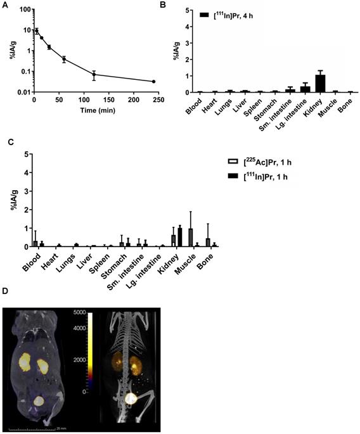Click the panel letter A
(x=4, y=5)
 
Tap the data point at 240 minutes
(x=153, y=81)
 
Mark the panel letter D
(x=5, y=292)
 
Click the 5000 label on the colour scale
(x=81, y=313)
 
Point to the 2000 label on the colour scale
(x=81, y=360)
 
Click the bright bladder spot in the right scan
(x=130, y=397)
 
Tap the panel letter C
(x=4, y=143)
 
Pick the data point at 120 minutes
(x=94, y=75)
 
